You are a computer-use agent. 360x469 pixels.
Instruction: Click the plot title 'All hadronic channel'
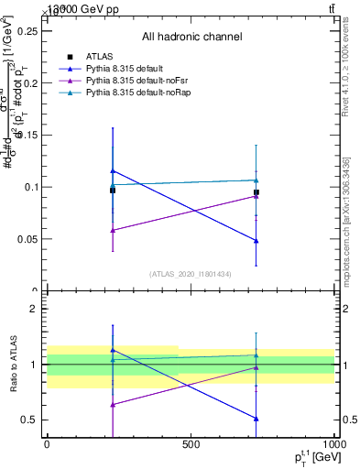(x=191, y=38)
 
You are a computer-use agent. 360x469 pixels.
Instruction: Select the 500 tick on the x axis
(x=191, y=444)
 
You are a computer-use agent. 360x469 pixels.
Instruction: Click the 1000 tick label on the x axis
(x=333, y=444)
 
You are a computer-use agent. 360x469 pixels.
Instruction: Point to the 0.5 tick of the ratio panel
(x=34, y=420)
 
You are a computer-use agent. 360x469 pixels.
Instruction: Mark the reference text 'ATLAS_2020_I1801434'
(x=191, y=274)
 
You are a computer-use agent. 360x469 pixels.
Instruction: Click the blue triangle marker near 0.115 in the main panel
(x=113, y=170)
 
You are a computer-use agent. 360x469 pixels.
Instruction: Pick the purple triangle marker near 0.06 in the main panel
(x=113, y=230)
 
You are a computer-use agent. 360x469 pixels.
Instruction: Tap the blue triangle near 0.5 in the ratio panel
(x=256, y=419)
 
